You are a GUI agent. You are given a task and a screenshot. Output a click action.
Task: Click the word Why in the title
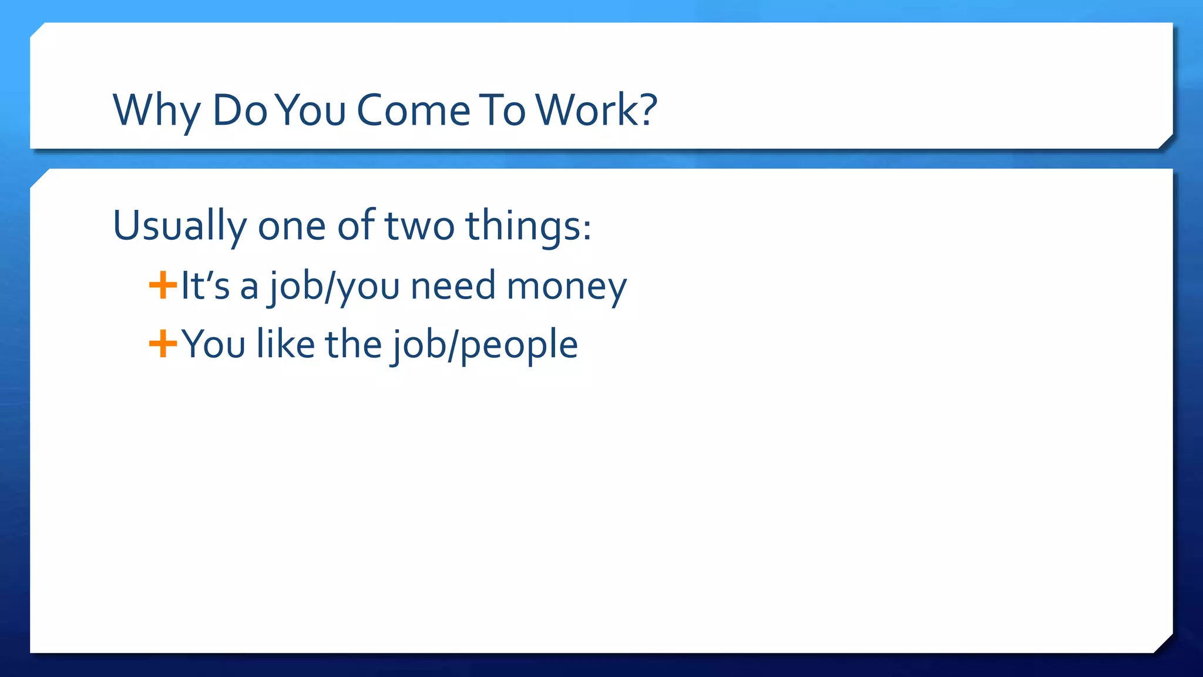[x=156, y=110]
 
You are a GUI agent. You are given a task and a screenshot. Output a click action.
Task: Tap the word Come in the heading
[x=414, y=110]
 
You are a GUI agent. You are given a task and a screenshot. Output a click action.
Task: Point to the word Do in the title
[x=240, y=110]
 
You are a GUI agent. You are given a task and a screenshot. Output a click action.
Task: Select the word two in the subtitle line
[x=419, y=226]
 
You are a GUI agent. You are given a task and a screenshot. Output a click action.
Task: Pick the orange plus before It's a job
[x=163, y=286]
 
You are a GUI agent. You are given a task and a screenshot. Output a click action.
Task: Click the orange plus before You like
[x=163, y=344]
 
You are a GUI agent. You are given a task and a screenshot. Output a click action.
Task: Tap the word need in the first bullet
[x=453, y=286]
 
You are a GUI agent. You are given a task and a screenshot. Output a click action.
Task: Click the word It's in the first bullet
[x=204, y=286]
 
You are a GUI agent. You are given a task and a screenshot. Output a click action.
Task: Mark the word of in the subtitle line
[x=356, y=225]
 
